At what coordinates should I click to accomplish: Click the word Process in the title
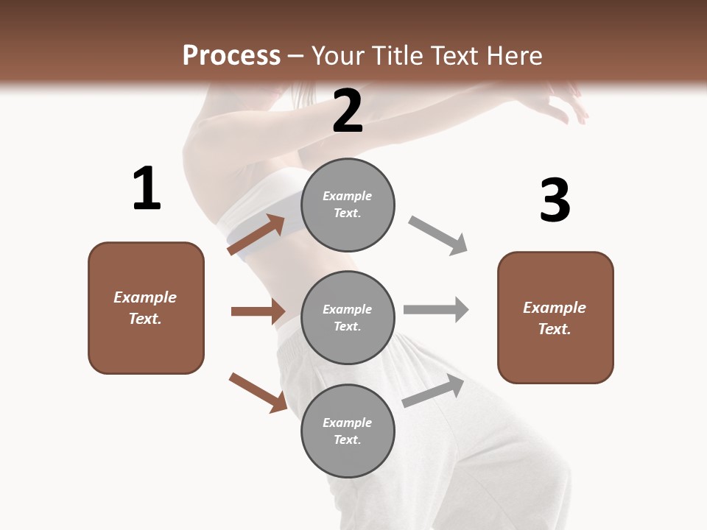coord(231,56)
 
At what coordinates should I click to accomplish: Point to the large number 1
coord(147,189)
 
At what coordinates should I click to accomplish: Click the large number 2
coord(348,111)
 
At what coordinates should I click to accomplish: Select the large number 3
coord(555,200)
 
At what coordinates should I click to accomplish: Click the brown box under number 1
coord(146,308)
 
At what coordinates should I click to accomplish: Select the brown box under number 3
coord(555,317)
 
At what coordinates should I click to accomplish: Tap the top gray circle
coord(348,205)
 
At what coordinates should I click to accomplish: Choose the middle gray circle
coord(348,317)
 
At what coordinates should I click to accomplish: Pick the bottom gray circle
coord(348,431)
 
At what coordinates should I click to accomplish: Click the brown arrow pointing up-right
coord(256,234)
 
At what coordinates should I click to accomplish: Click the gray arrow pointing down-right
coord(437,235)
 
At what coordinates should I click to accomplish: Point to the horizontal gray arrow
coord(435,310)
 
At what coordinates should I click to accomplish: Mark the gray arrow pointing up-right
coord(433,390)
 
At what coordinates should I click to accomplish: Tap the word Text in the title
coord(456,56)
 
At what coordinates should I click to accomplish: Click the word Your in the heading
coord(337,56)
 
